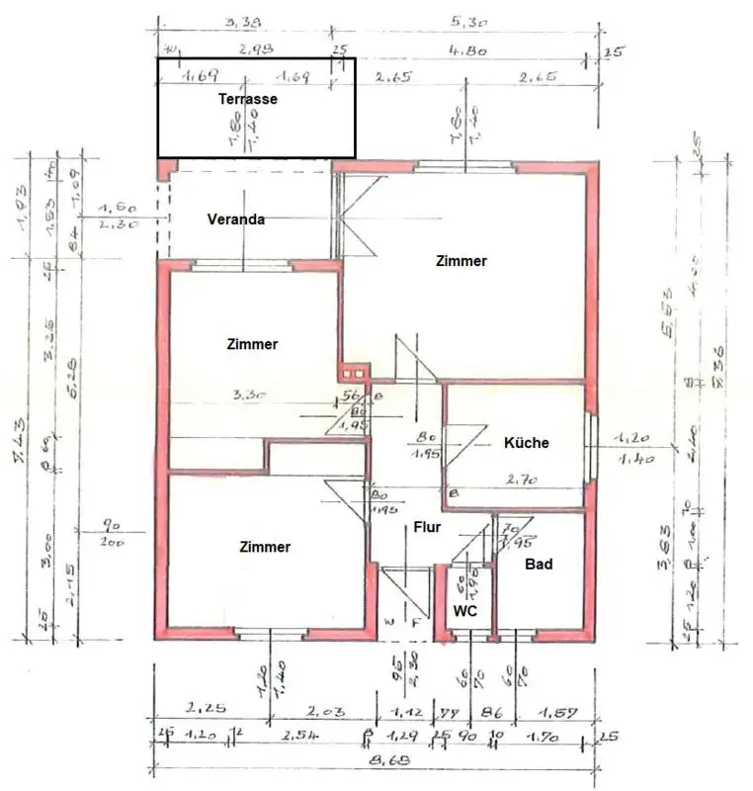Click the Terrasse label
click(247, 99)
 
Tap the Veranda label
click(235, 220)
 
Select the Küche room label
click(526, 443)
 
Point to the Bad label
click(539, 565)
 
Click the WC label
click(465, 612)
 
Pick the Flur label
click(427, 527)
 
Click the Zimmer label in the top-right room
click(460, 261)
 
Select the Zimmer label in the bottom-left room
click(265, 547)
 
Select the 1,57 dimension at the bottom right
click(553, 710)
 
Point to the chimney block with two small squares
click(352, 373)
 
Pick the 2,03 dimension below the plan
click(326, 710)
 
